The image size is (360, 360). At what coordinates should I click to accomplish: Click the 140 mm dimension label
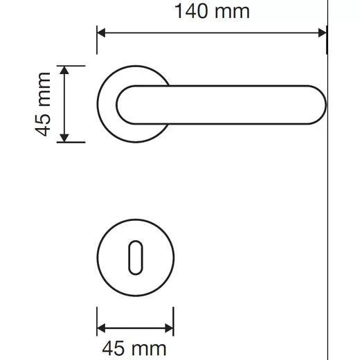coord(212,11)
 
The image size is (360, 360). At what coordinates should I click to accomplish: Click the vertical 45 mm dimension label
coord(43,105)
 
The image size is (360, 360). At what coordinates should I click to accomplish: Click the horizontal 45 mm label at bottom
coord(134,348)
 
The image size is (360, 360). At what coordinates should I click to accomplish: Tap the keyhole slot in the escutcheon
coord(136,258)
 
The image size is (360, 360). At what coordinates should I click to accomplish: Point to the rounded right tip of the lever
coord(324,105)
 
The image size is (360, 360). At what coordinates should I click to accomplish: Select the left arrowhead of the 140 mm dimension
coord(101,33)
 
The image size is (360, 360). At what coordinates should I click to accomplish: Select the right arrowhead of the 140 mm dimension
coord(322,33)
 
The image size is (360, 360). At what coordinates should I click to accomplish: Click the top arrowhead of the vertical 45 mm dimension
coord(64,70)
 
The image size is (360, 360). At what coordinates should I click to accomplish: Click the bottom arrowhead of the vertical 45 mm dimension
coord(64,138)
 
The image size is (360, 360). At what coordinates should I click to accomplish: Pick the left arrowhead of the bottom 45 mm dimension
coord(101,328)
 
